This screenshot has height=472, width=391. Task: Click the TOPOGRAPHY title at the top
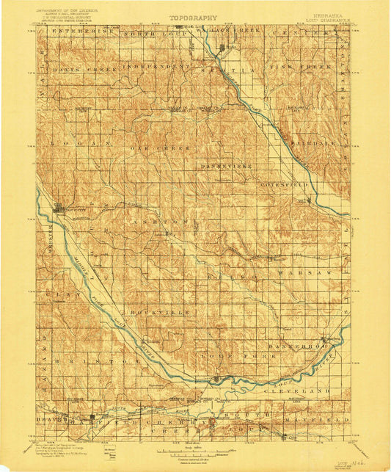click(194, 17)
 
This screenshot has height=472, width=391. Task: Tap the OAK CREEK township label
click(169, 147)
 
